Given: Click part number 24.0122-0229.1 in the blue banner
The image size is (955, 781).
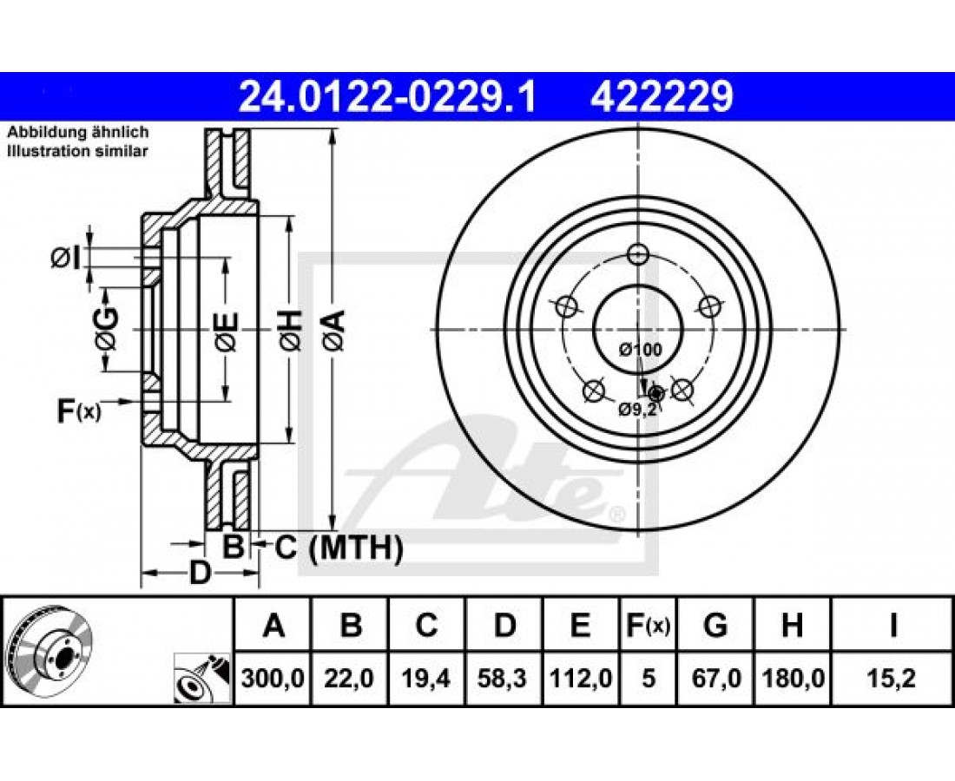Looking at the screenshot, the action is point(387,97).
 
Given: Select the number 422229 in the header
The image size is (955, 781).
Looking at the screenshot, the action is point(662,97).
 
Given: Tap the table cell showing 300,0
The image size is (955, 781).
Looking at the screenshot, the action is point(273,678).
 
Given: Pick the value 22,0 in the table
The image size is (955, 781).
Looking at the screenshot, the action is point(349,678).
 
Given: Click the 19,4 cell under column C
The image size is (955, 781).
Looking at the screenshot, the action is point(426,678).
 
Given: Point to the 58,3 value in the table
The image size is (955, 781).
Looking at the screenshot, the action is point(503,678).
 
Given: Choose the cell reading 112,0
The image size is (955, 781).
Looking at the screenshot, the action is point(581,678).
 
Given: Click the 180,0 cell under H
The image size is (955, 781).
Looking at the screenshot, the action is point(793,678).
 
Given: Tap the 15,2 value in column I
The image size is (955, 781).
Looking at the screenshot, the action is point(892,678).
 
